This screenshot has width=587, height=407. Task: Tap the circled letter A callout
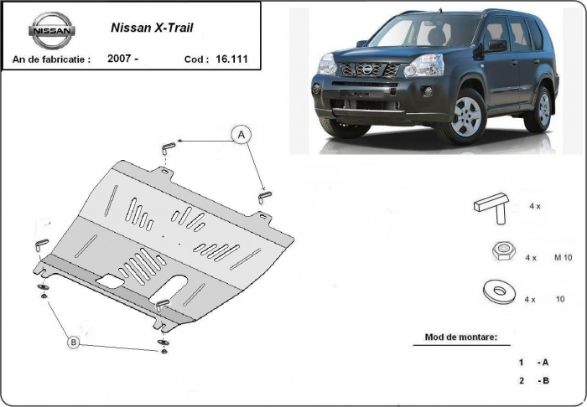(242, 134)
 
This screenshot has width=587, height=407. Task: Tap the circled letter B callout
(74, 342)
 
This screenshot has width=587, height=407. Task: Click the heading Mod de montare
(455, 337)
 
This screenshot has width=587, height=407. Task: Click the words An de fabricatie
(50, 59)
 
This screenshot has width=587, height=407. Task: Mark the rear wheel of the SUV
(542, 110)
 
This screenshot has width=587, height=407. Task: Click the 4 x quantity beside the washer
(530, 298)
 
